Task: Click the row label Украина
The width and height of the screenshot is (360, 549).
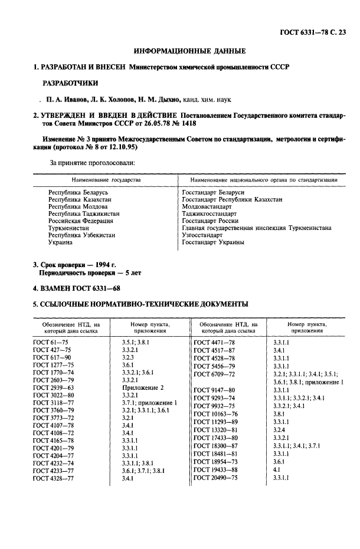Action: click(61, 242)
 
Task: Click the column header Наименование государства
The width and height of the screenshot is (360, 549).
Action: click(106, 179)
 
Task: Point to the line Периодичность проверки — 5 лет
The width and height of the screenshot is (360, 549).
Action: click(90, 273)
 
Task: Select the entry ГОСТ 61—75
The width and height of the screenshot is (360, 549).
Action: click(52, 342)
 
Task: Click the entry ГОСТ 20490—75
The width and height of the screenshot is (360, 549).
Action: click(216, 478)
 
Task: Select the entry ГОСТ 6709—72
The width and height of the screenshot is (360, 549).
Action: click(215, 374)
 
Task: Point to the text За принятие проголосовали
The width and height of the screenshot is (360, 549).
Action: click(93, 162)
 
